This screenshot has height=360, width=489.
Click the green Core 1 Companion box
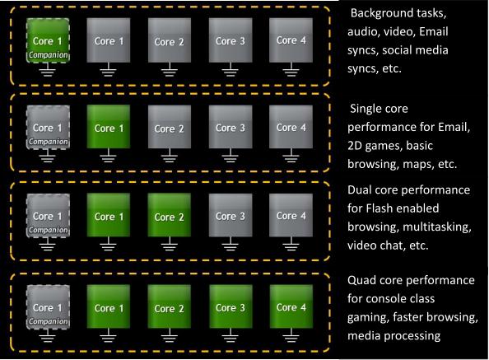click(x=48, y=40)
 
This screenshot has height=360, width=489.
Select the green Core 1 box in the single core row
click(x=108, y=126)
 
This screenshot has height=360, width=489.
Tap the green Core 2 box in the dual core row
click(x=169, y=215)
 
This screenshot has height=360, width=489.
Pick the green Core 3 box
click(x=231, y=306)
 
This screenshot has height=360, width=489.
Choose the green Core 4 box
click(x=291, y=306)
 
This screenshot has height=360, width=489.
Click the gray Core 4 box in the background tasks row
click(x=291, y=40)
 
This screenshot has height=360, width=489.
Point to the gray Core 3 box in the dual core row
click(x=231, y=215)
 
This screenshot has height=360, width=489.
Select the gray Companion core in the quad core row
click(x=48, y=307)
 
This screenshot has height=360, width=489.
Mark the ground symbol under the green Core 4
click(x=291, y=335)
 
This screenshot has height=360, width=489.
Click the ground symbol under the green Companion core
click(x=48, y=69)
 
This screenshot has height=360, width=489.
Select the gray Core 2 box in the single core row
click(x=169, y=126)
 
